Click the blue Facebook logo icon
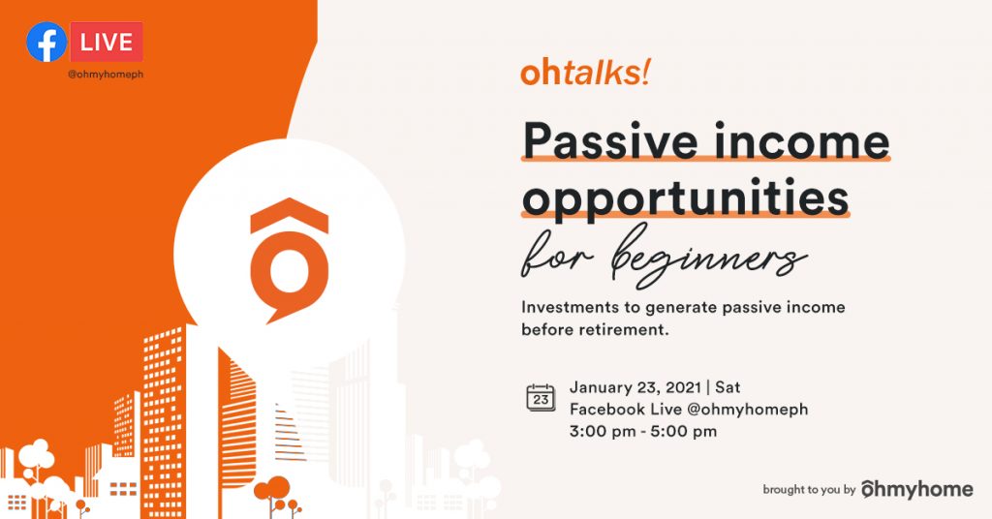46,42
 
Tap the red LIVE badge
107,42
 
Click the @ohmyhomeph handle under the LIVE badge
106,74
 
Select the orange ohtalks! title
585,73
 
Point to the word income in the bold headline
801,140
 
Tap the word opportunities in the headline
685,198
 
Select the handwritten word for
557,256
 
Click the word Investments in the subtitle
571,307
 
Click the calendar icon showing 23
541,398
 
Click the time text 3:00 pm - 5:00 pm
643,432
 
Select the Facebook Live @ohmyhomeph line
689,410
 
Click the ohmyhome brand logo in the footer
917,489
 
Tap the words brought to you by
809,489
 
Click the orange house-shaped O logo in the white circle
289,260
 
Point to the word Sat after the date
728,387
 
